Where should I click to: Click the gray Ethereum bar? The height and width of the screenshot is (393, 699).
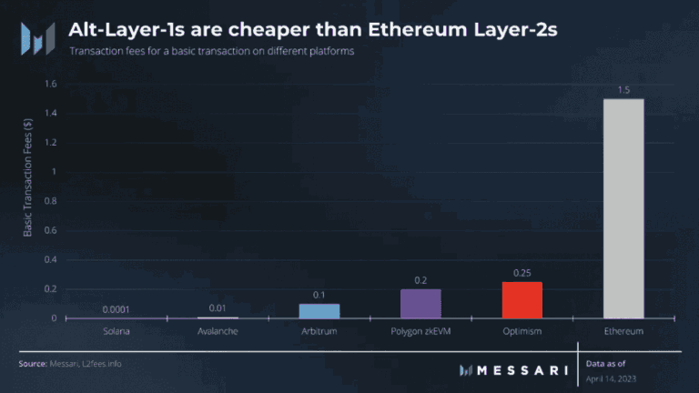click(x=623, y=208)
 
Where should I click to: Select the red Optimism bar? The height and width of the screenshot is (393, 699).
click(x=522, y=300)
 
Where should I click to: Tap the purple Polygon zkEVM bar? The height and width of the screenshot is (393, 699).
click(x=420, y=304)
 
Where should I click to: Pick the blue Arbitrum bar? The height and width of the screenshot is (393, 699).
click(x=319, y=311)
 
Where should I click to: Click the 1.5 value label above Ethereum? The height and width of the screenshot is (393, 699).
click(x=623, y=90)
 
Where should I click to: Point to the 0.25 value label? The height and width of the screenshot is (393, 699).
click(x=522, y=273)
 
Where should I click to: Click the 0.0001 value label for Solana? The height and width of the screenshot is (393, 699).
click(x=116, y=309)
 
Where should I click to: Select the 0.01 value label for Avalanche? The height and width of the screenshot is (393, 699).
click(x=218, y=308)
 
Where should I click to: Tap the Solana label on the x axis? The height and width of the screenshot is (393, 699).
click(x=116, y=331)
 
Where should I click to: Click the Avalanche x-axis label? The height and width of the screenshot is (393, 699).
click(x=218, y=331)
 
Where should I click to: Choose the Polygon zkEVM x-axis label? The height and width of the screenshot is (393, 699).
click(x=420, y=331)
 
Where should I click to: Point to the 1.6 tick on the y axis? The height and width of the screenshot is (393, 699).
click(x=50, y=84)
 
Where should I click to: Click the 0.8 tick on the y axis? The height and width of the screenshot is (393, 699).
click(x=50, y=201)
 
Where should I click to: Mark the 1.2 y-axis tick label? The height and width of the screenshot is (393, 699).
click(x=50, y=143)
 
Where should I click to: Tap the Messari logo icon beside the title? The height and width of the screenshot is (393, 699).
click(x=38, y=38)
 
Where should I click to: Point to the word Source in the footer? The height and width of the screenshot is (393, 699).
click(x=33, y=364)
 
